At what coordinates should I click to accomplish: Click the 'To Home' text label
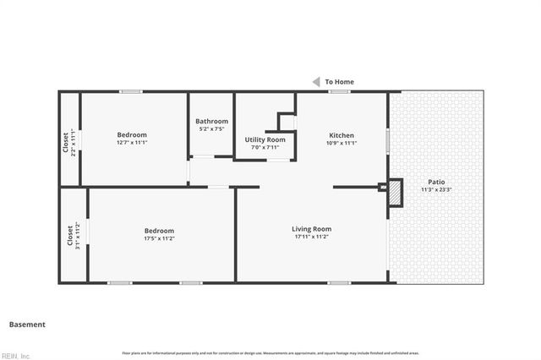(339, 82)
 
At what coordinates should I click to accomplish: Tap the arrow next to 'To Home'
(316, 82)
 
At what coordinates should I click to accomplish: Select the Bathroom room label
(211, 121)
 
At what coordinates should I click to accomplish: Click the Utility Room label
(265, 139)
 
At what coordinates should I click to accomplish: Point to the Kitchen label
(342, 135)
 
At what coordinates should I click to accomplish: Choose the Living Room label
(312, 229)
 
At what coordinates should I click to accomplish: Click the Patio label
(436, 182)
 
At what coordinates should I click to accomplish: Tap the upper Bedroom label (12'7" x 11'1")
(132, 135)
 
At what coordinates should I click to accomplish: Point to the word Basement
(27, 325)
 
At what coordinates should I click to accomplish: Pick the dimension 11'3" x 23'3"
(436, 189)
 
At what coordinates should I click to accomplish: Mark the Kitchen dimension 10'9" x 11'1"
(342, 143)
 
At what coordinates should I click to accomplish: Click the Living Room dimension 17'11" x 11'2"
(312, 237)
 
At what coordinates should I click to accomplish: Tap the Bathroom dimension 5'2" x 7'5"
(211, 129)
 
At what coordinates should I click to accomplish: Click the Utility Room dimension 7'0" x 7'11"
(265, 148)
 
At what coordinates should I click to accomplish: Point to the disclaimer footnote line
(270, 352)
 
